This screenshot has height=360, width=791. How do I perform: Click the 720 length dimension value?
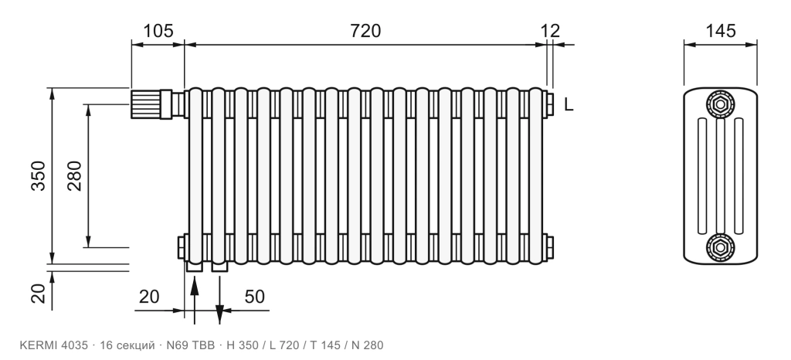(365, 31)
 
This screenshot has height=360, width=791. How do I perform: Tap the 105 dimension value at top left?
(158, 31)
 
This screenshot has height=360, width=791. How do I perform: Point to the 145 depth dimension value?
(721, 31)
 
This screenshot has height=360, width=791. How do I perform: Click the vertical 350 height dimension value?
(39, 175)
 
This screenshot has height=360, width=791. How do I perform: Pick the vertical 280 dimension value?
(74, 175)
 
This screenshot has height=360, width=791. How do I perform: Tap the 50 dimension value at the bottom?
(255, 297)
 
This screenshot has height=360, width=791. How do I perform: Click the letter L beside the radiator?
(569, 105)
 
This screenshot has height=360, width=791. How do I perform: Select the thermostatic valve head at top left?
(151, 104)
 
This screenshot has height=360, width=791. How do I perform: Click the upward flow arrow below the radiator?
(195, 297)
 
